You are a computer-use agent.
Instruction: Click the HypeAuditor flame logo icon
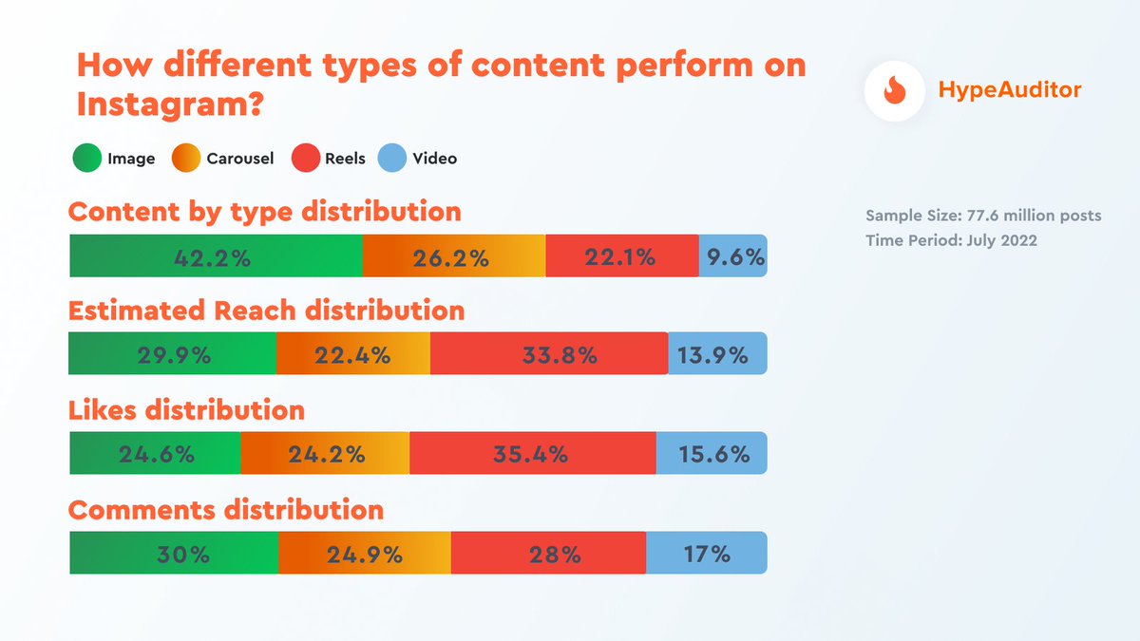tap(895, 90)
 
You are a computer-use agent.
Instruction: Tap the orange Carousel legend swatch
tap(186, 159)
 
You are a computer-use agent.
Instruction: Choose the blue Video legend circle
tap(392, 159)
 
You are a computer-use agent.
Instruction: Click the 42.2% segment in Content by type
tap(216, 256)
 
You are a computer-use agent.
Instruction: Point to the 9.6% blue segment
tap(732, 256)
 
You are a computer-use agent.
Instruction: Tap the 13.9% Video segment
tap(717, 355)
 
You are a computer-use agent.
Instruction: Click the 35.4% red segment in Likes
tap(532, 454)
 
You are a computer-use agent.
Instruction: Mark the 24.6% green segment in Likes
tap(156, 454)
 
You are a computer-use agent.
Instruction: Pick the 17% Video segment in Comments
tap(706, 554)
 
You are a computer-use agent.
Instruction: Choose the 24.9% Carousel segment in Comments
tap(365, 554)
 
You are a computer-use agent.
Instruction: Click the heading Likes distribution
tap(187, 410)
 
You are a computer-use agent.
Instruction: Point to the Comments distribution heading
tap(226, 510)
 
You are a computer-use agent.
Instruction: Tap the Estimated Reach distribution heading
tap(267, 311)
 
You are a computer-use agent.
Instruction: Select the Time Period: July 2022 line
tap(951, 240)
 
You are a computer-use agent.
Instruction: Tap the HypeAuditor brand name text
tap(1009, 90)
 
